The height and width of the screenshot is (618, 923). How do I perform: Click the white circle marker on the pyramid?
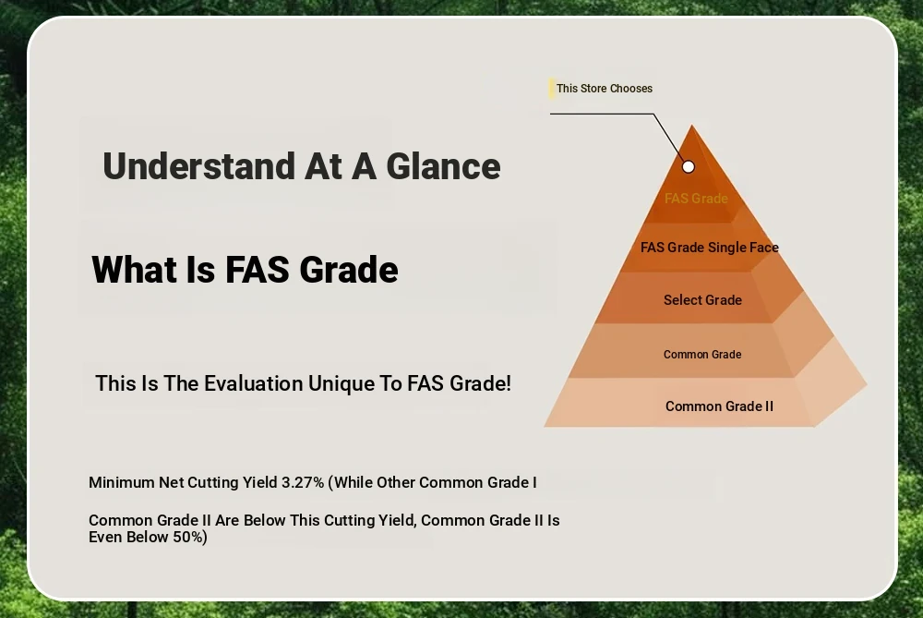tap(689, 166)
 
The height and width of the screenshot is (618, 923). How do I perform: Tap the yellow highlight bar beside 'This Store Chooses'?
tap(552, 89)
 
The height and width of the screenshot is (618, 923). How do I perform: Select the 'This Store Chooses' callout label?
tap(605, 89)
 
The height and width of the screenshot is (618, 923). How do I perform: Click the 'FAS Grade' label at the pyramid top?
tap(696, 199)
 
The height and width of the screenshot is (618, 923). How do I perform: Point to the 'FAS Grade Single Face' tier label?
tap(709, 248)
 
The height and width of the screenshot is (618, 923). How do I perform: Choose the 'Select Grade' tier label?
tap(702, 300)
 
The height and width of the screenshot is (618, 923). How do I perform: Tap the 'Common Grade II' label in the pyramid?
tap(719, 406)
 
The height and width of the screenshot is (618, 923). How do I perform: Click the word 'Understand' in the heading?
tap(199, 166)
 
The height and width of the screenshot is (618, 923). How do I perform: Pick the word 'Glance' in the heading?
tap(443, 166)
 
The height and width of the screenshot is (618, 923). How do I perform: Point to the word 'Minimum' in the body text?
tap(121, 482)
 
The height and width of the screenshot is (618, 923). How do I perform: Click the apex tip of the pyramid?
tap(692, 125)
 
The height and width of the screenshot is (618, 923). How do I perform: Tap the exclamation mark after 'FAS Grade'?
tap(508, 383)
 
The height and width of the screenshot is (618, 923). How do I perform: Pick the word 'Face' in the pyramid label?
tap(764, 248)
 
